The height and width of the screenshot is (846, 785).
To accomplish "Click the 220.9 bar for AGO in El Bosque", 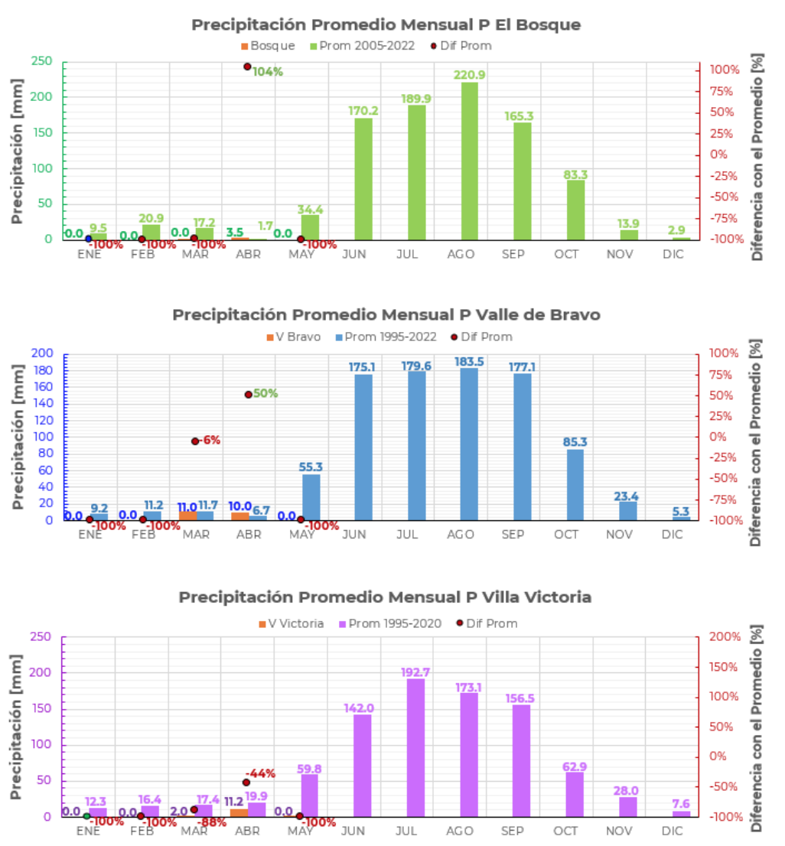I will (x=469, y=161).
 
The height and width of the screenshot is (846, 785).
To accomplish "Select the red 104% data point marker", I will (x=247, y=67).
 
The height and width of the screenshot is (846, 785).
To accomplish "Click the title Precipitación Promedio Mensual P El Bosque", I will (x=386, y=24).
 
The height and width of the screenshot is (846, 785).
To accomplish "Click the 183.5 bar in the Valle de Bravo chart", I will (x=469, y=444).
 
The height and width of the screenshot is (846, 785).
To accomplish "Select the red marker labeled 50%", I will (x=248, y=395).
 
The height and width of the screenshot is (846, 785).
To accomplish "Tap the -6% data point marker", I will (x=195, y=441).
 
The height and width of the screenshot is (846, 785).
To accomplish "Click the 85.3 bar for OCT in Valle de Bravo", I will (x=575, y=484).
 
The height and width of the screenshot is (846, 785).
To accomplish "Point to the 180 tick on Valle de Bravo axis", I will (x=48, y=370).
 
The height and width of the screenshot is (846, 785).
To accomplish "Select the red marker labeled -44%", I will (x=246, y=782).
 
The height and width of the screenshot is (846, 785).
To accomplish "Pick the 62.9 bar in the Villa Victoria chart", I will (x=575, y=793).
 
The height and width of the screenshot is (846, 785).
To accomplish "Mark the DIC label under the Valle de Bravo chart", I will (x=672, y=534).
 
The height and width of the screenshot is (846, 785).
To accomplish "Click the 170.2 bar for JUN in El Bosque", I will (x=363, y=178).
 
